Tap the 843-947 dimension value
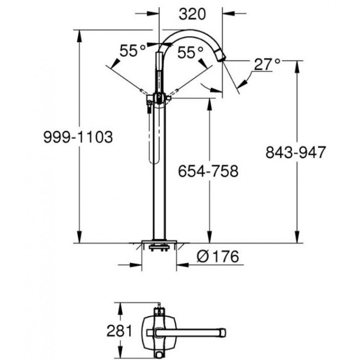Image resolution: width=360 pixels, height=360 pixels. point(295,152)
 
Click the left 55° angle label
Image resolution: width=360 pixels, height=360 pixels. point(134,51)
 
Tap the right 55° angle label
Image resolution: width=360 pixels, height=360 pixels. point(190,52)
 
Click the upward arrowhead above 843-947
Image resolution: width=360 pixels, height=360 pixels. point(297,65)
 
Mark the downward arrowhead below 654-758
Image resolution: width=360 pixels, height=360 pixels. point(210,238)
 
